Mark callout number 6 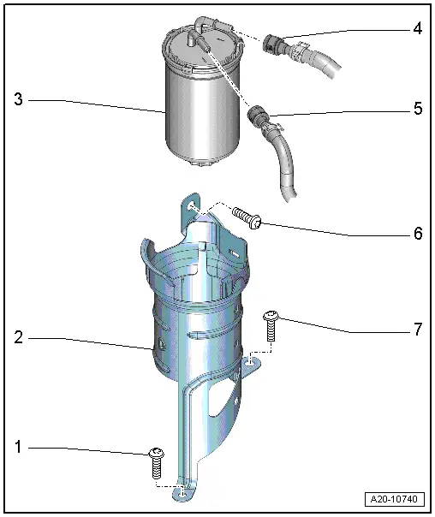pyautogui.click(x=417, y=234)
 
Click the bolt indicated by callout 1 pyautogui.click(x=156, y=462)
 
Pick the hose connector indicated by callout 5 pyautogui.click(x=259, y=117)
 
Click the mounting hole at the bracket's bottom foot pyautogui.click(x=182, y=492)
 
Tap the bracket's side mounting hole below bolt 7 pyautogui.click(x=247, y=364)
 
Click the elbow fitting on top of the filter pyautogui.click(x=203, y=23)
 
